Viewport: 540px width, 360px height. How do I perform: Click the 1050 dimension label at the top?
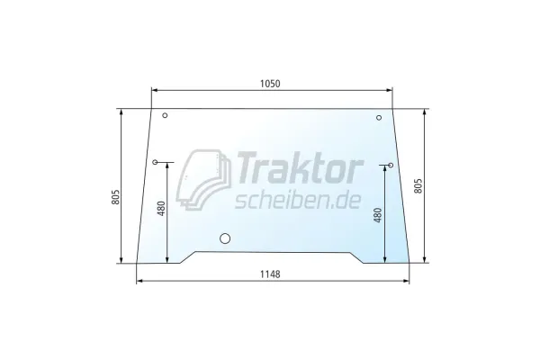[x=270, y=84]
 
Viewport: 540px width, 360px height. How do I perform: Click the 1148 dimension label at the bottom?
[x=270, y=274]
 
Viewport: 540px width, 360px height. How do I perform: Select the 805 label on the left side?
[x=116, y=197]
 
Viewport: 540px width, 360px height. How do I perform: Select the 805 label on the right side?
[x=418, y=186]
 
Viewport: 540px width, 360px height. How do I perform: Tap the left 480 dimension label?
[x=161, y=209]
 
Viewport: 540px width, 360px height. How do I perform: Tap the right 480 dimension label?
[x=377, y=215]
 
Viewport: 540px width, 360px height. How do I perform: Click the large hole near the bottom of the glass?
[x=225, y=238]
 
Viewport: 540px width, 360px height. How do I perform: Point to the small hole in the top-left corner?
[x=165, y=115]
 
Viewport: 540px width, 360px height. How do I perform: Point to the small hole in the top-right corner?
[x=379, y=118]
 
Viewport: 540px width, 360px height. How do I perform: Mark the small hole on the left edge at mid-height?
[x=155, y=162]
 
